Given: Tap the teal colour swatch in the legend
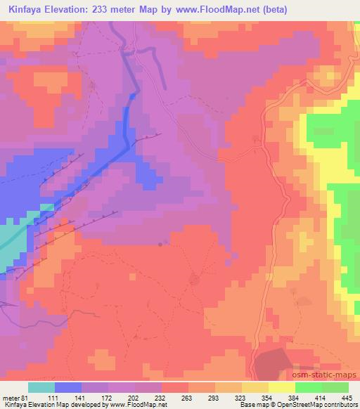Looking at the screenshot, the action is click(x=41, y=388).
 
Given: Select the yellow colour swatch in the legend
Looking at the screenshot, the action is click(x=282, y=388).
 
